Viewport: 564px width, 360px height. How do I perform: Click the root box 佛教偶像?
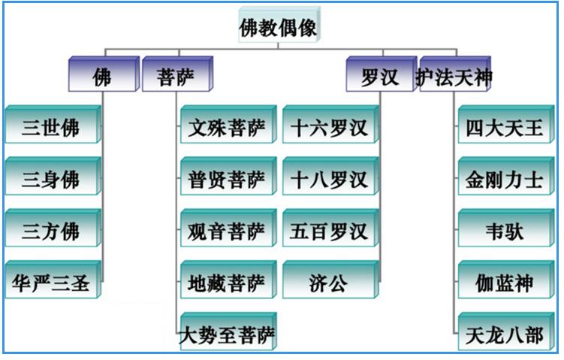click(x=277, y=29)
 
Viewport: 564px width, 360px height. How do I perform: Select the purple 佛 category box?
click(x=103, y=75)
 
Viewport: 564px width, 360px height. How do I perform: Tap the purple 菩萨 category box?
click(x=176, y=75)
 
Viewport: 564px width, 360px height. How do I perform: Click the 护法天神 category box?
click(x=454, y=75)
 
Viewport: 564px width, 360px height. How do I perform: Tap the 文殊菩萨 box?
click(x=227, y=126)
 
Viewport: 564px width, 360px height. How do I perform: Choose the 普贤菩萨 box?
click(x=227, y=178)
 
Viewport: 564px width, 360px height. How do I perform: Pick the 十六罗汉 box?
click(x=329, y=126)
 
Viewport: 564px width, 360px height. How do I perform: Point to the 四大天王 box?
click(x=505, y=126)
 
